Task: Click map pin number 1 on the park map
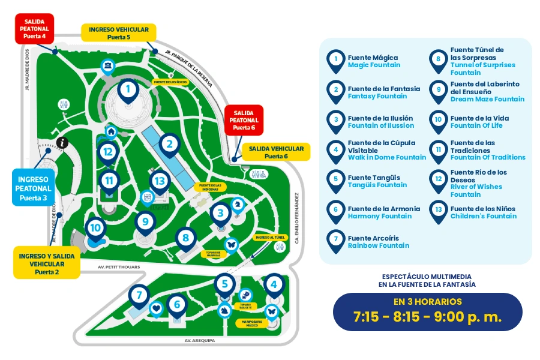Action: tap(128, 91)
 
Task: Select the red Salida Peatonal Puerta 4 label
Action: tap(34, 29)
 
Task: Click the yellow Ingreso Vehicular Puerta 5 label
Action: tap(118, 32)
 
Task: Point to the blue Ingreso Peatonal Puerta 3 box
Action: tap(34, 188)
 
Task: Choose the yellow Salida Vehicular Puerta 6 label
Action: tap(277, 152)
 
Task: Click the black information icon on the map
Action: tap(62, 142)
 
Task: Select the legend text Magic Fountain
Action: tap(374, 65)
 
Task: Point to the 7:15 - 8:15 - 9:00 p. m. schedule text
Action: tap(427, 317)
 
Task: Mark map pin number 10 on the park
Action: tap(95, 228)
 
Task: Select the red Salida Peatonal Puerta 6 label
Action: tap(244, 120)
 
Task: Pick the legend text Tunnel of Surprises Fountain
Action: tap(482, 68)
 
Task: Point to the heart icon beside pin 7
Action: tap(156, 308)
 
